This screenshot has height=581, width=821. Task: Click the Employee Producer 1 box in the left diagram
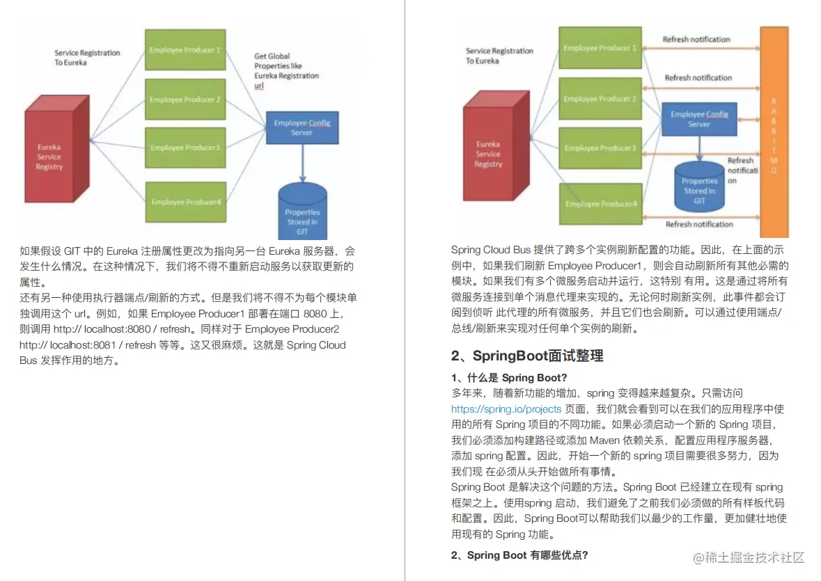point(185,49)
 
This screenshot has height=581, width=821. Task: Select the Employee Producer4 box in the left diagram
point(185,202)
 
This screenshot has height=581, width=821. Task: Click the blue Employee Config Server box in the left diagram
point(302,127)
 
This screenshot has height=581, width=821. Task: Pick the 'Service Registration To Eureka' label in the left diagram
point(87,57)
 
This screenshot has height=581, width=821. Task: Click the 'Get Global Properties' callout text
point(286,70)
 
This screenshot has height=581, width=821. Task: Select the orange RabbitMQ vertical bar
point(774,132)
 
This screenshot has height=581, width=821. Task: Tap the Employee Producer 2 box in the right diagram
point(600,99)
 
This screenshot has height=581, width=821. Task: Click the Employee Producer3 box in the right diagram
point(600,148)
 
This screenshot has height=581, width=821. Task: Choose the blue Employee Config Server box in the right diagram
point(699,119)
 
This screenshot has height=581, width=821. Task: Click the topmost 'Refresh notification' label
point(696,40)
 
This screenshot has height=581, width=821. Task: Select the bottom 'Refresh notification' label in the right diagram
point(699,224)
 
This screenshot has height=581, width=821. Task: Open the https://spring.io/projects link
point(506,409)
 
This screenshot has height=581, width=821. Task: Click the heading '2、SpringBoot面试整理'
point(526,356)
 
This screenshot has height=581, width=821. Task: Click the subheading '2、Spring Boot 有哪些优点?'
point(519,555)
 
